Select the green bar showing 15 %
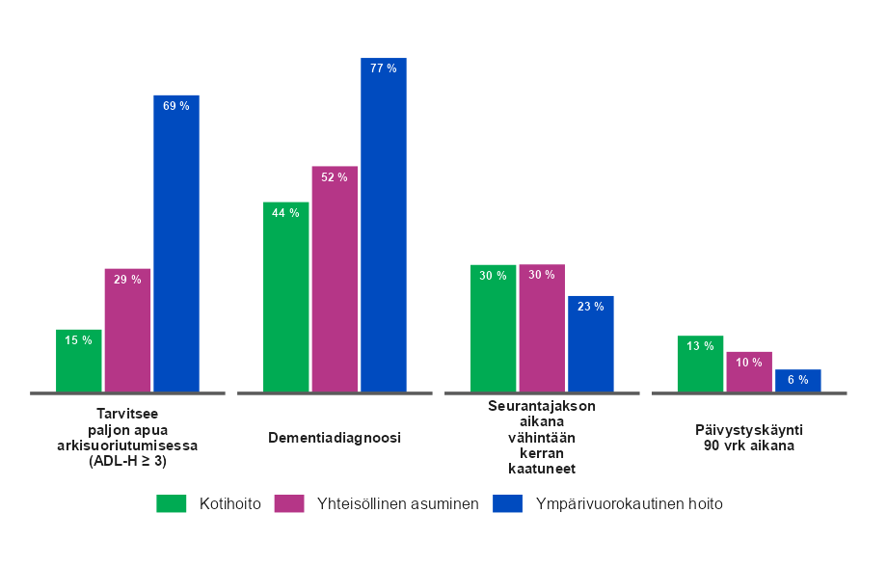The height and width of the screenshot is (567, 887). click(x=78, y=362)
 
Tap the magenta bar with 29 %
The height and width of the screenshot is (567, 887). click(x=127, y=331)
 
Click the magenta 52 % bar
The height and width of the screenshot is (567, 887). click(x=335, y=279)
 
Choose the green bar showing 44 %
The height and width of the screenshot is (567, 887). click(x=285, y=297)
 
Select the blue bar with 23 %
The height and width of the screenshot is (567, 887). click(x=591, y=343)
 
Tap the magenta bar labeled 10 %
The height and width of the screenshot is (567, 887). click(x=749, y=372)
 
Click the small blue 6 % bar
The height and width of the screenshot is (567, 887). click(x=798, y=381)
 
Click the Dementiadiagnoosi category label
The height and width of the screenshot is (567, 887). click(x=334, y=438)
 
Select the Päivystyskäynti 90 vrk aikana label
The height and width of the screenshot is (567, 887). click(x=749, y=438)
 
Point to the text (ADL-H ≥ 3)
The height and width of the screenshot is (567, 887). click(x=126, y=461)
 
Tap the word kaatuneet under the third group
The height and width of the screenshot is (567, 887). click(x=541, y=469)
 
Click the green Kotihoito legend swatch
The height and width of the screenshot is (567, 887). click(x=172, y=503)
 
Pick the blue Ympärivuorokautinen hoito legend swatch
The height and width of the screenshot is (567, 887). click(x=507, y=503)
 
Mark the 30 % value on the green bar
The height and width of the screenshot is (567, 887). click(x=494, y=276)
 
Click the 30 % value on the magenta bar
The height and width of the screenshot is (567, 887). click(x=542, y=275)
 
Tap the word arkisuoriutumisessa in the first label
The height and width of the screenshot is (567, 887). click(x=126, y=446)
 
